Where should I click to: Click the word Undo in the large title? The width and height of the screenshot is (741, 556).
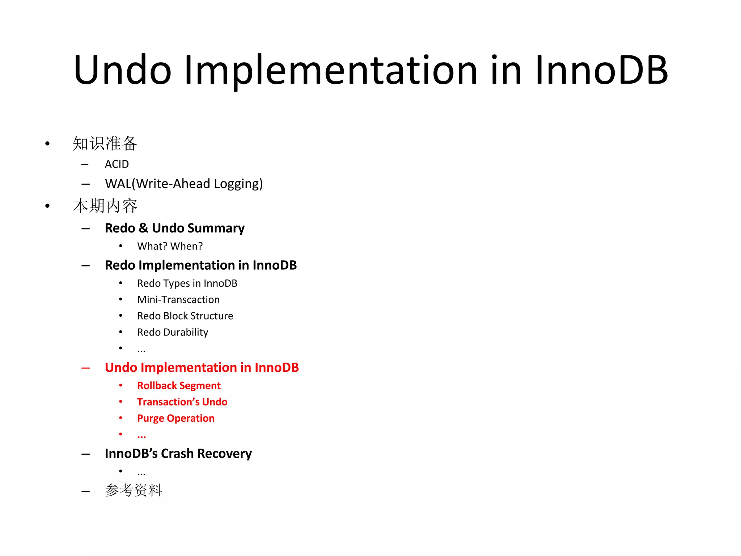pos(122,70)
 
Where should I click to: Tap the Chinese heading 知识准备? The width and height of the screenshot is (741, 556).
pos(105,143)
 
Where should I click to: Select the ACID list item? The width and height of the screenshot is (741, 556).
pos(117,164)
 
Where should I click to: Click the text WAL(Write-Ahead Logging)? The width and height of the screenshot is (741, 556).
pos(184,184)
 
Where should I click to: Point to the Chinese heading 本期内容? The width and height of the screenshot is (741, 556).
pos(105,206)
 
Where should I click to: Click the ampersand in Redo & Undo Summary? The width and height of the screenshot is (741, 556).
pos(143,228)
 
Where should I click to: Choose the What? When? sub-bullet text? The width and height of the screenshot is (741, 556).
pos(170,246)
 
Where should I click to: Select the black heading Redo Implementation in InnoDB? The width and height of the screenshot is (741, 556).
pos(200,265)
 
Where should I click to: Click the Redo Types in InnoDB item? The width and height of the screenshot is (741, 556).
pos(187,283)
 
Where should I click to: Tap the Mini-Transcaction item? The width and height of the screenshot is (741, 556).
pos(178,300)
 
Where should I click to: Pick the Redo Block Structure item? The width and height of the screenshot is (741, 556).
pos(185,316)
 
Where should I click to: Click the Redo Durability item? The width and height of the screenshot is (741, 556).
pos(173,332)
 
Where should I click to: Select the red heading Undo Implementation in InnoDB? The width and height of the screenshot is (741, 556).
pos(202,368)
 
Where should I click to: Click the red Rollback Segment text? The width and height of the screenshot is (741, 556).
pos(179,386)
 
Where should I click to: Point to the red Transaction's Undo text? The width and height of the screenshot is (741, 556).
pos(182,402)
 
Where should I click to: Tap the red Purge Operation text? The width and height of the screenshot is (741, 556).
pos(176,418)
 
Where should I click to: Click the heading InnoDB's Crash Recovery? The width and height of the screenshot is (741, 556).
pos(178,454)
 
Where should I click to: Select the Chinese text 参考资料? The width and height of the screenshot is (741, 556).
pos(134,490)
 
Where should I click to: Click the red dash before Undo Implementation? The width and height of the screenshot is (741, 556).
pos(86,368)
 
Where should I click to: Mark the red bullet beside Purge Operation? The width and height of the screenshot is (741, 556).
pos(121,418)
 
